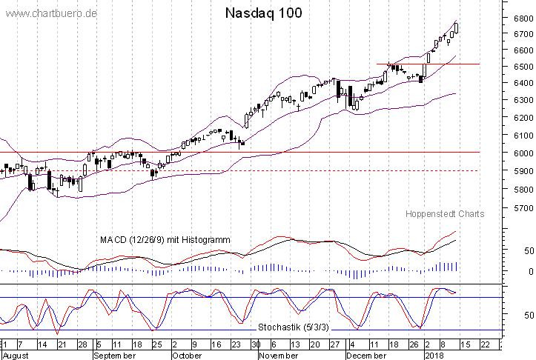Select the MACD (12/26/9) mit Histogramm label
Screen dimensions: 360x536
pyautogui.click(x=165, y=240)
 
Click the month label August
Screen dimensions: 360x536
pyautogui.click(x=16, y=356)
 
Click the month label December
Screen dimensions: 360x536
pyautogui.click(x=368, y=356)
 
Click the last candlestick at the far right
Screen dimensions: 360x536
pyautogui.click(x=456, y=27)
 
